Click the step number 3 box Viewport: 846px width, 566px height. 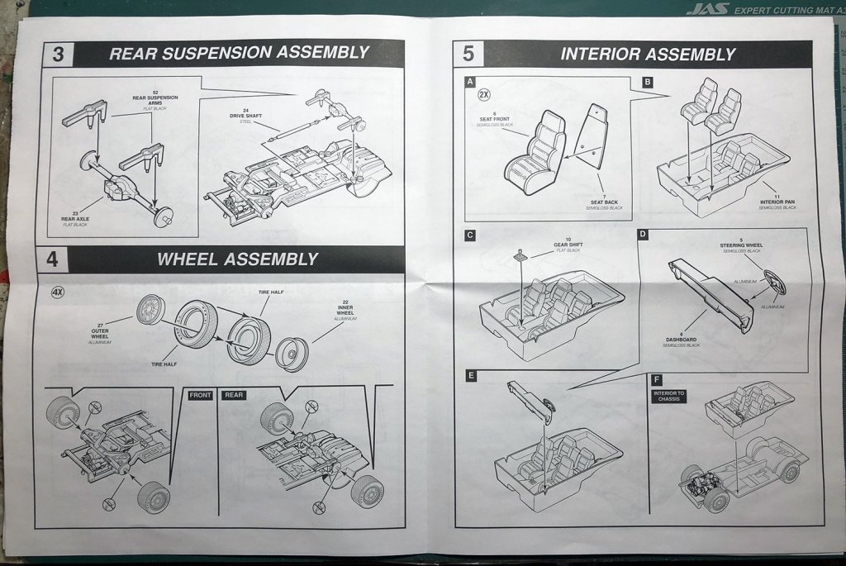click(58, 55)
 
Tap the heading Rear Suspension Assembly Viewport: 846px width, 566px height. click(239, 53)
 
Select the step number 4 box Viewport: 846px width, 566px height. click(52, 259)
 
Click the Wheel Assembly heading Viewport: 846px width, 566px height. click(237, 259)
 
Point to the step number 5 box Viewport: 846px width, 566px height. click(468, 55)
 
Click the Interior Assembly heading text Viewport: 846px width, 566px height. click(648, 55)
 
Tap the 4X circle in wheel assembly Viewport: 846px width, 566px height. click(59, 293)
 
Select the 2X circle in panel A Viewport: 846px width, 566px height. click(485, 94)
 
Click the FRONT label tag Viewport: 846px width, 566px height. click(201, 395)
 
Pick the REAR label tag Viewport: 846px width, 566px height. click(235, 395)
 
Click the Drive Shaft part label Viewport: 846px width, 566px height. click(245, 117)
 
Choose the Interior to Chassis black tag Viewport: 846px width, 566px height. click(669, 395)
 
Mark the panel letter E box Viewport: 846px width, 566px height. click(471, 376)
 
